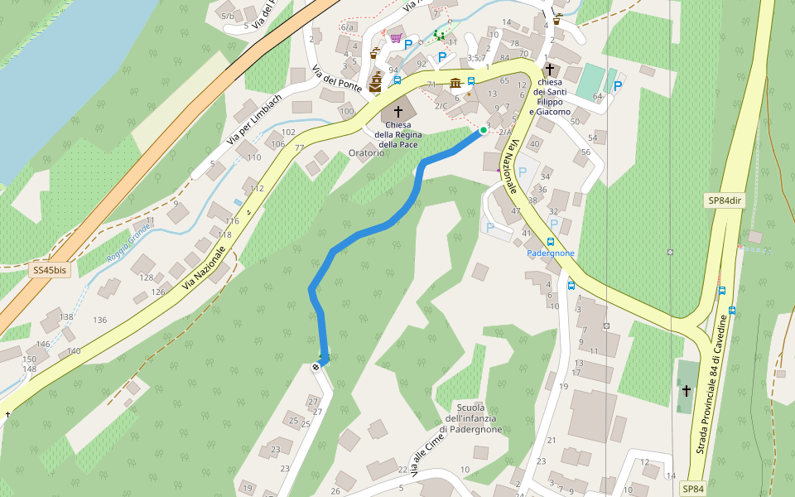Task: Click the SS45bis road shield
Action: (50, 270)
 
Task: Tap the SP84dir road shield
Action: (723, 200)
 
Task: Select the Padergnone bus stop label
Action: (551, 253)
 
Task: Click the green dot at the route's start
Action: (483, 130)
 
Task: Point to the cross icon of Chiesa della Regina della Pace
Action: (397, 111)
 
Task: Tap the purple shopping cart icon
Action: (396, 38)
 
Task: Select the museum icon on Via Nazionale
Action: (455, 83)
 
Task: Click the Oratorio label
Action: (366, 152)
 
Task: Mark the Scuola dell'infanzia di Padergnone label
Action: (470, 417)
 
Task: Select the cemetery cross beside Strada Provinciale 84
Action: (686, 390)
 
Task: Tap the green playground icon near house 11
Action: (439, 36)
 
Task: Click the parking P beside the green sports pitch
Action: (618, 85)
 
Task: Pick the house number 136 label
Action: (100, 320)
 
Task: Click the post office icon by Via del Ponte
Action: (375, 53)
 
